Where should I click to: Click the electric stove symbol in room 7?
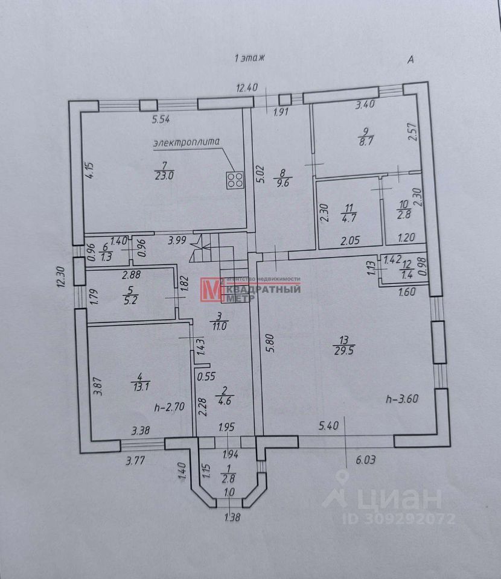point(235,180)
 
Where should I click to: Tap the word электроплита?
point(185,143)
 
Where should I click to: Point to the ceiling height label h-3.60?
point(403,398)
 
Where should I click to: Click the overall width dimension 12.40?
point(247,88)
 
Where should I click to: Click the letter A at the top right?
point(410,60)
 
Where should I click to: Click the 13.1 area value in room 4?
point(139,388)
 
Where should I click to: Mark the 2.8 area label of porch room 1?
point(229,479)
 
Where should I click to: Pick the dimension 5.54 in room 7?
point(161,119)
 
